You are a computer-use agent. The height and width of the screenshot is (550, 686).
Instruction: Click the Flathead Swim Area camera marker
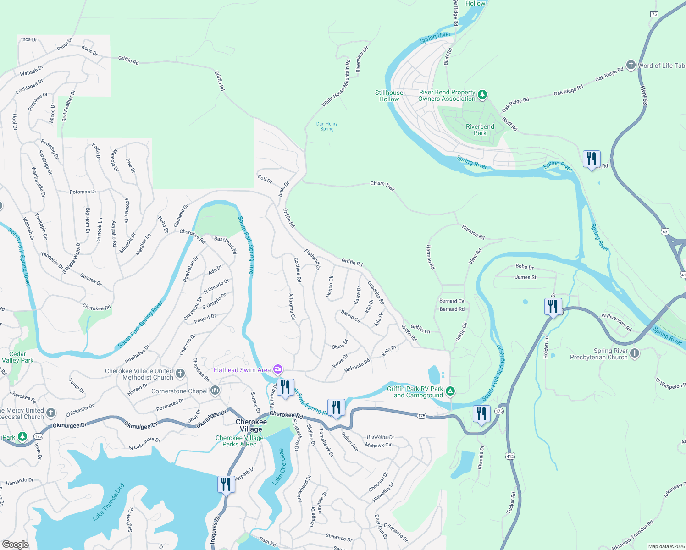pos(277,369)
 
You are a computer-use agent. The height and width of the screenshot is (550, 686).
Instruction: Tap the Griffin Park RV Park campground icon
pos(450,391)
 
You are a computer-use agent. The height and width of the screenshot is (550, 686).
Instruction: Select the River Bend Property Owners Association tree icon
pos(482,95)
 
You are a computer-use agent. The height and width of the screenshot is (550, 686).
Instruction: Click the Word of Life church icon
pos(631,65)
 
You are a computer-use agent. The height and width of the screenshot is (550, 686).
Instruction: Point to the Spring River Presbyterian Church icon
pos(634,353)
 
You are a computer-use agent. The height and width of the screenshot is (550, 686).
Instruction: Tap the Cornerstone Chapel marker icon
pos(215,391)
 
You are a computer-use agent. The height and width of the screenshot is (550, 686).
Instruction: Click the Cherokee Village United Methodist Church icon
pos(180,374)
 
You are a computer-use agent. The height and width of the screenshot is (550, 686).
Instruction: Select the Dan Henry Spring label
pos(327,126)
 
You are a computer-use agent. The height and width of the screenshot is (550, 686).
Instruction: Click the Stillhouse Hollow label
pos(389,96)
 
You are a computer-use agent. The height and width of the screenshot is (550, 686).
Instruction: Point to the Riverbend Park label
pos(480,130)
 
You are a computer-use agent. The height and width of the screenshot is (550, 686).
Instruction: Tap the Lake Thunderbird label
pos(108,502)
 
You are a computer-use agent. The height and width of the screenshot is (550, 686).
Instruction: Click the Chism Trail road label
pos(382,185)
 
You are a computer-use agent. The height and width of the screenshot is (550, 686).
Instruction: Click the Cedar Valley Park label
pos(17,357)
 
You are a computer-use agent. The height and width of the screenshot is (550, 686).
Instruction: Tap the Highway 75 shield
pos(654,14)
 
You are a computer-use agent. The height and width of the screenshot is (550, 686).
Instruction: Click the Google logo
pos(16,544)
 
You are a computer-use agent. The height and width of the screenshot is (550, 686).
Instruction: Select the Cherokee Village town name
pos(251,425)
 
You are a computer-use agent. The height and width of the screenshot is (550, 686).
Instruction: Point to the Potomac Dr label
pos(83,192)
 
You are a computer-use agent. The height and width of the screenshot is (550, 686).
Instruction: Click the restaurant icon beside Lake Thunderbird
pos(226,484)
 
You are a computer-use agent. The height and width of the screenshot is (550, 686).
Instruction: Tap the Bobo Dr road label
pos(524,267)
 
